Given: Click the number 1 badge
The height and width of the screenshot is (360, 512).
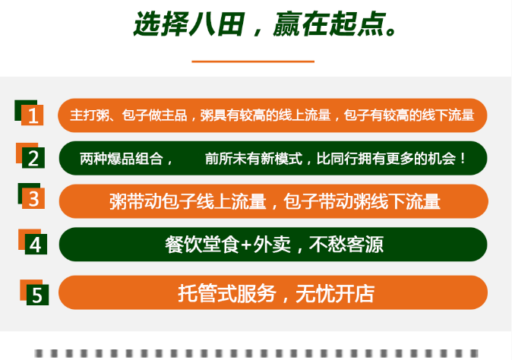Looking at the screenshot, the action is (29, 112).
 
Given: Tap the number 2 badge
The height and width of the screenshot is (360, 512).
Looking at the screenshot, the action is (30, 156).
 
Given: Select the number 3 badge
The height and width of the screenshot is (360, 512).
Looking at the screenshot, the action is (31, 196).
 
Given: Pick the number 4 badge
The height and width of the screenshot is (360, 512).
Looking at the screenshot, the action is (33, 242).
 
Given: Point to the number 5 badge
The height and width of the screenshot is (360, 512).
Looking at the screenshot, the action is (34, 292).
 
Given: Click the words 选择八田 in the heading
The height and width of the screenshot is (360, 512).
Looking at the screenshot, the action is (188, 24).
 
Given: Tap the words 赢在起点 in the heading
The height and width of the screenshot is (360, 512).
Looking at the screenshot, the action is (329, 24).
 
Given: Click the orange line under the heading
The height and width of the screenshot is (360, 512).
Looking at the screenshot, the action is (253, 61).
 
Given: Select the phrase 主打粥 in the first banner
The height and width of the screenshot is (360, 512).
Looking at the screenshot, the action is (90, 115).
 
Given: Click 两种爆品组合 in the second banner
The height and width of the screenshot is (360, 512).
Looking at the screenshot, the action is (122, 159).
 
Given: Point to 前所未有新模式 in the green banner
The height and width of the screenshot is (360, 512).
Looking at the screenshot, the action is (254, 159).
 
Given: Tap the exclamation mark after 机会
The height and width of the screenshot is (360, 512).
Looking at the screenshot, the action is (463, 159).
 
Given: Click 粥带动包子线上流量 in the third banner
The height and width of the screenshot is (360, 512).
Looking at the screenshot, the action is (188, 201).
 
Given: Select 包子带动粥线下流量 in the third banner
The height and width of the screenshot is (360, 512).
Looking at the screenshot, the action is (362, 201).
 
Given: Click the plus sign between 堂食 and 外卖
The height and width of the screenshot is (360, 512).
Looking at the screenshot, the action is (247, 245).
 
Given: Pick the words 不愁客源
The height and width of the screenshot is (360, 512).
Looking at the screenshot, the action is (346, 245).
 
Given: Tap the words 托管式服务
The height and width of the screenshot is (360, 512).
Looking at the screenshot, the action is (227, 293).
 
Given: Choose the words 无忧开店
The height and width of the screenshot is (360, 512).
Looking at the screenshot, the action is (335, 293).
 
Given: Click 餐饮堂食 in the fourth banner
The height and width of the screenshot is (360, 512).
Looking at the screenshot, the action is (202, 245).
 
